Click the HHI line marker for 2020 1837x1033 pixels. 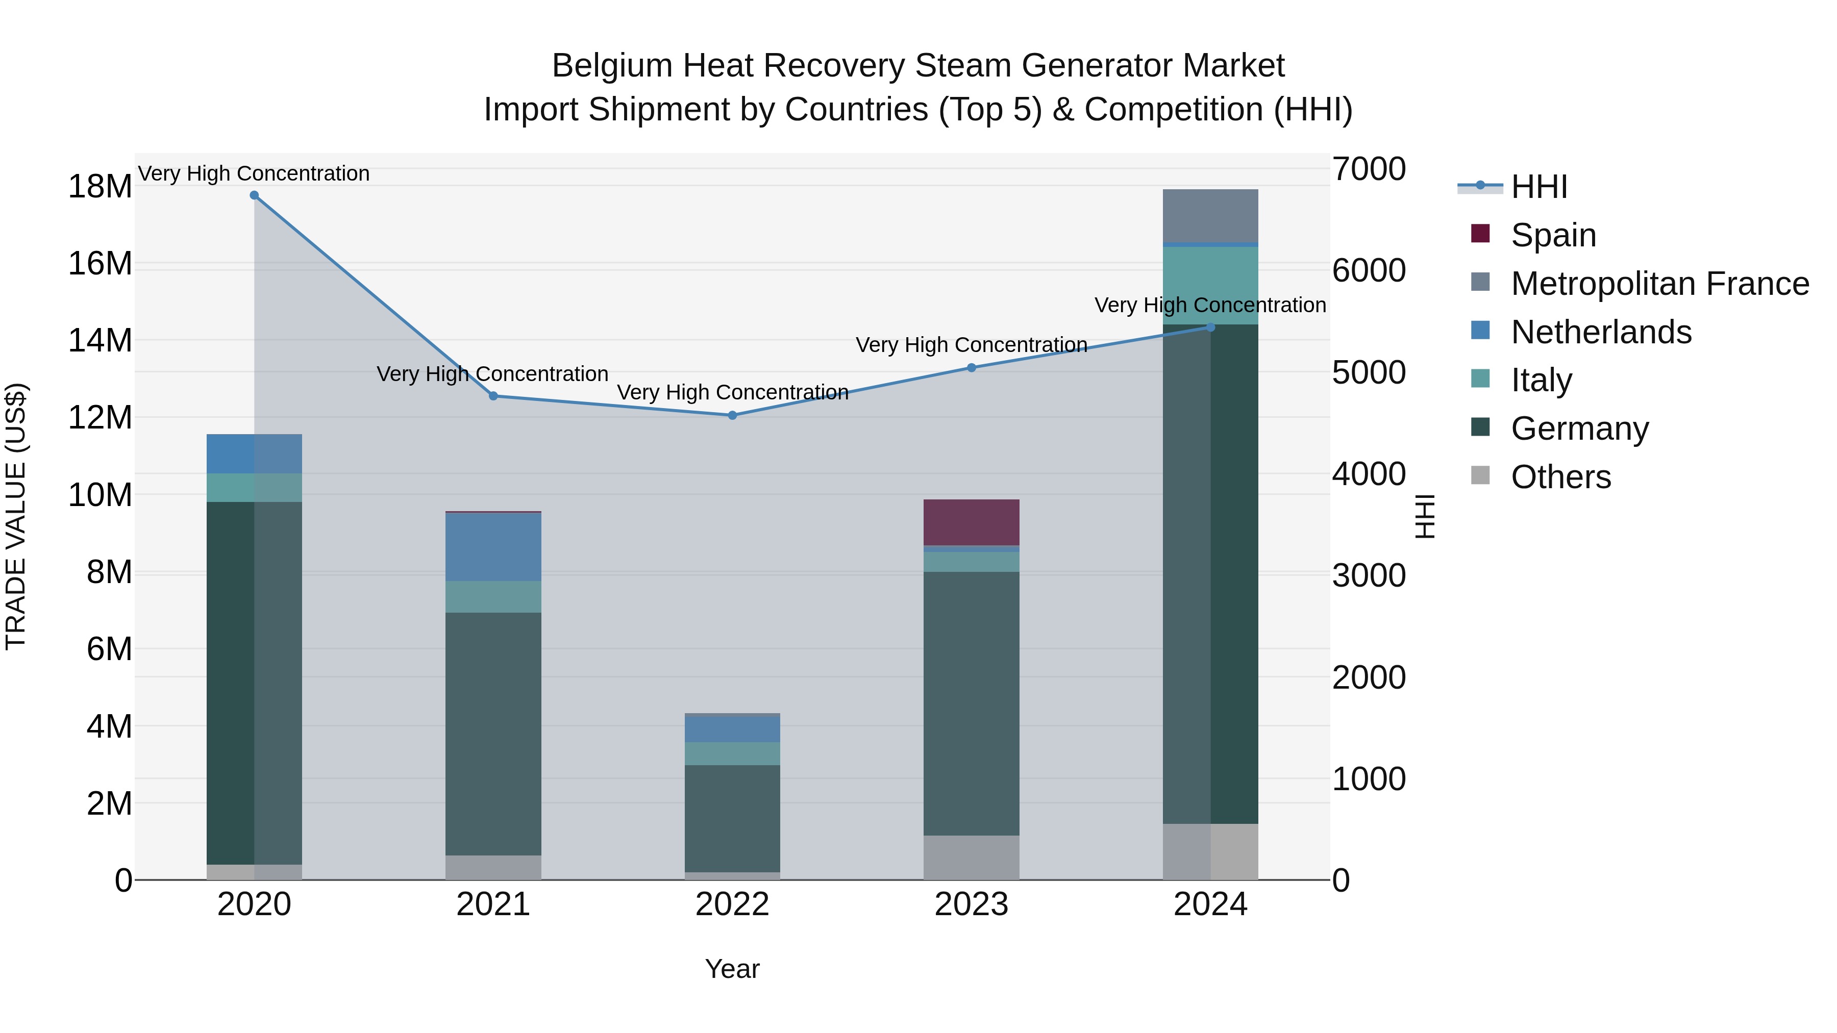click(254, 195)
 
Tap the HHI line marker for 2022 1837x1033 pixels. click(732, 415)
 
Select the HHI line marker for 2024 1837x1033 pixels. click(1210, 327)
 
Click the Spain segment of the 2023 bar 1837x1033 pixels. click(971, 522)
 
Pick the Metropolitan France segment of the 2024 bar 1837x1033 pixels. click(1210, 216)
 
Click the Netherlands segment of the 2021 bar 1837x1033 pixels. click(493, 547)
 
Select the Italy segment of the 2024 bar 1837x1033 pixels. click(1210, 286)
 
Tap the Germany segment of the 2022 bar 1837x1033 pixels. click(732, 818)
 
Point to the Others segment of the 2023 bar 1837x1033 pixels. click(971, 858)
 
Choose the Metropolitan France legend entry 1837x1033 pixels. click(1659, 284)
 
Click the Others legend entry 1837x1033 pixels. click(1560, 477)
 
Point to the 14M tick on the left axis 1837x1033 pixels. click(100, 340)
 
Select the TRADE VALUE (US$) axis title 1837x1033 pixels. click(16, 516)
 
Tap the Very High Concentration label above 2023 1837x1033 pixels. click(971, 345)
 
